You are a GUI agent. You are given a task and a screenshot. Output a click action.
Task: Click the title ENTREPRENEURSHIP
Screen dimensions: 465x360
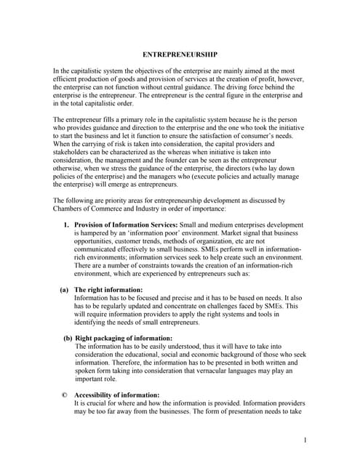[180, 54]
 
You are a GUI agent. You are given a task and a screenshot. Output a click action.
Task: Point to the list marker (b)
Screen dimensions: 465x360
[68, 338]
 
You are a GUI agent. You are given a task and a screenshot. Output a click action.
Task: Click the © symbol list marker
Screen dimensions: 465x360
[65, 395]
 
